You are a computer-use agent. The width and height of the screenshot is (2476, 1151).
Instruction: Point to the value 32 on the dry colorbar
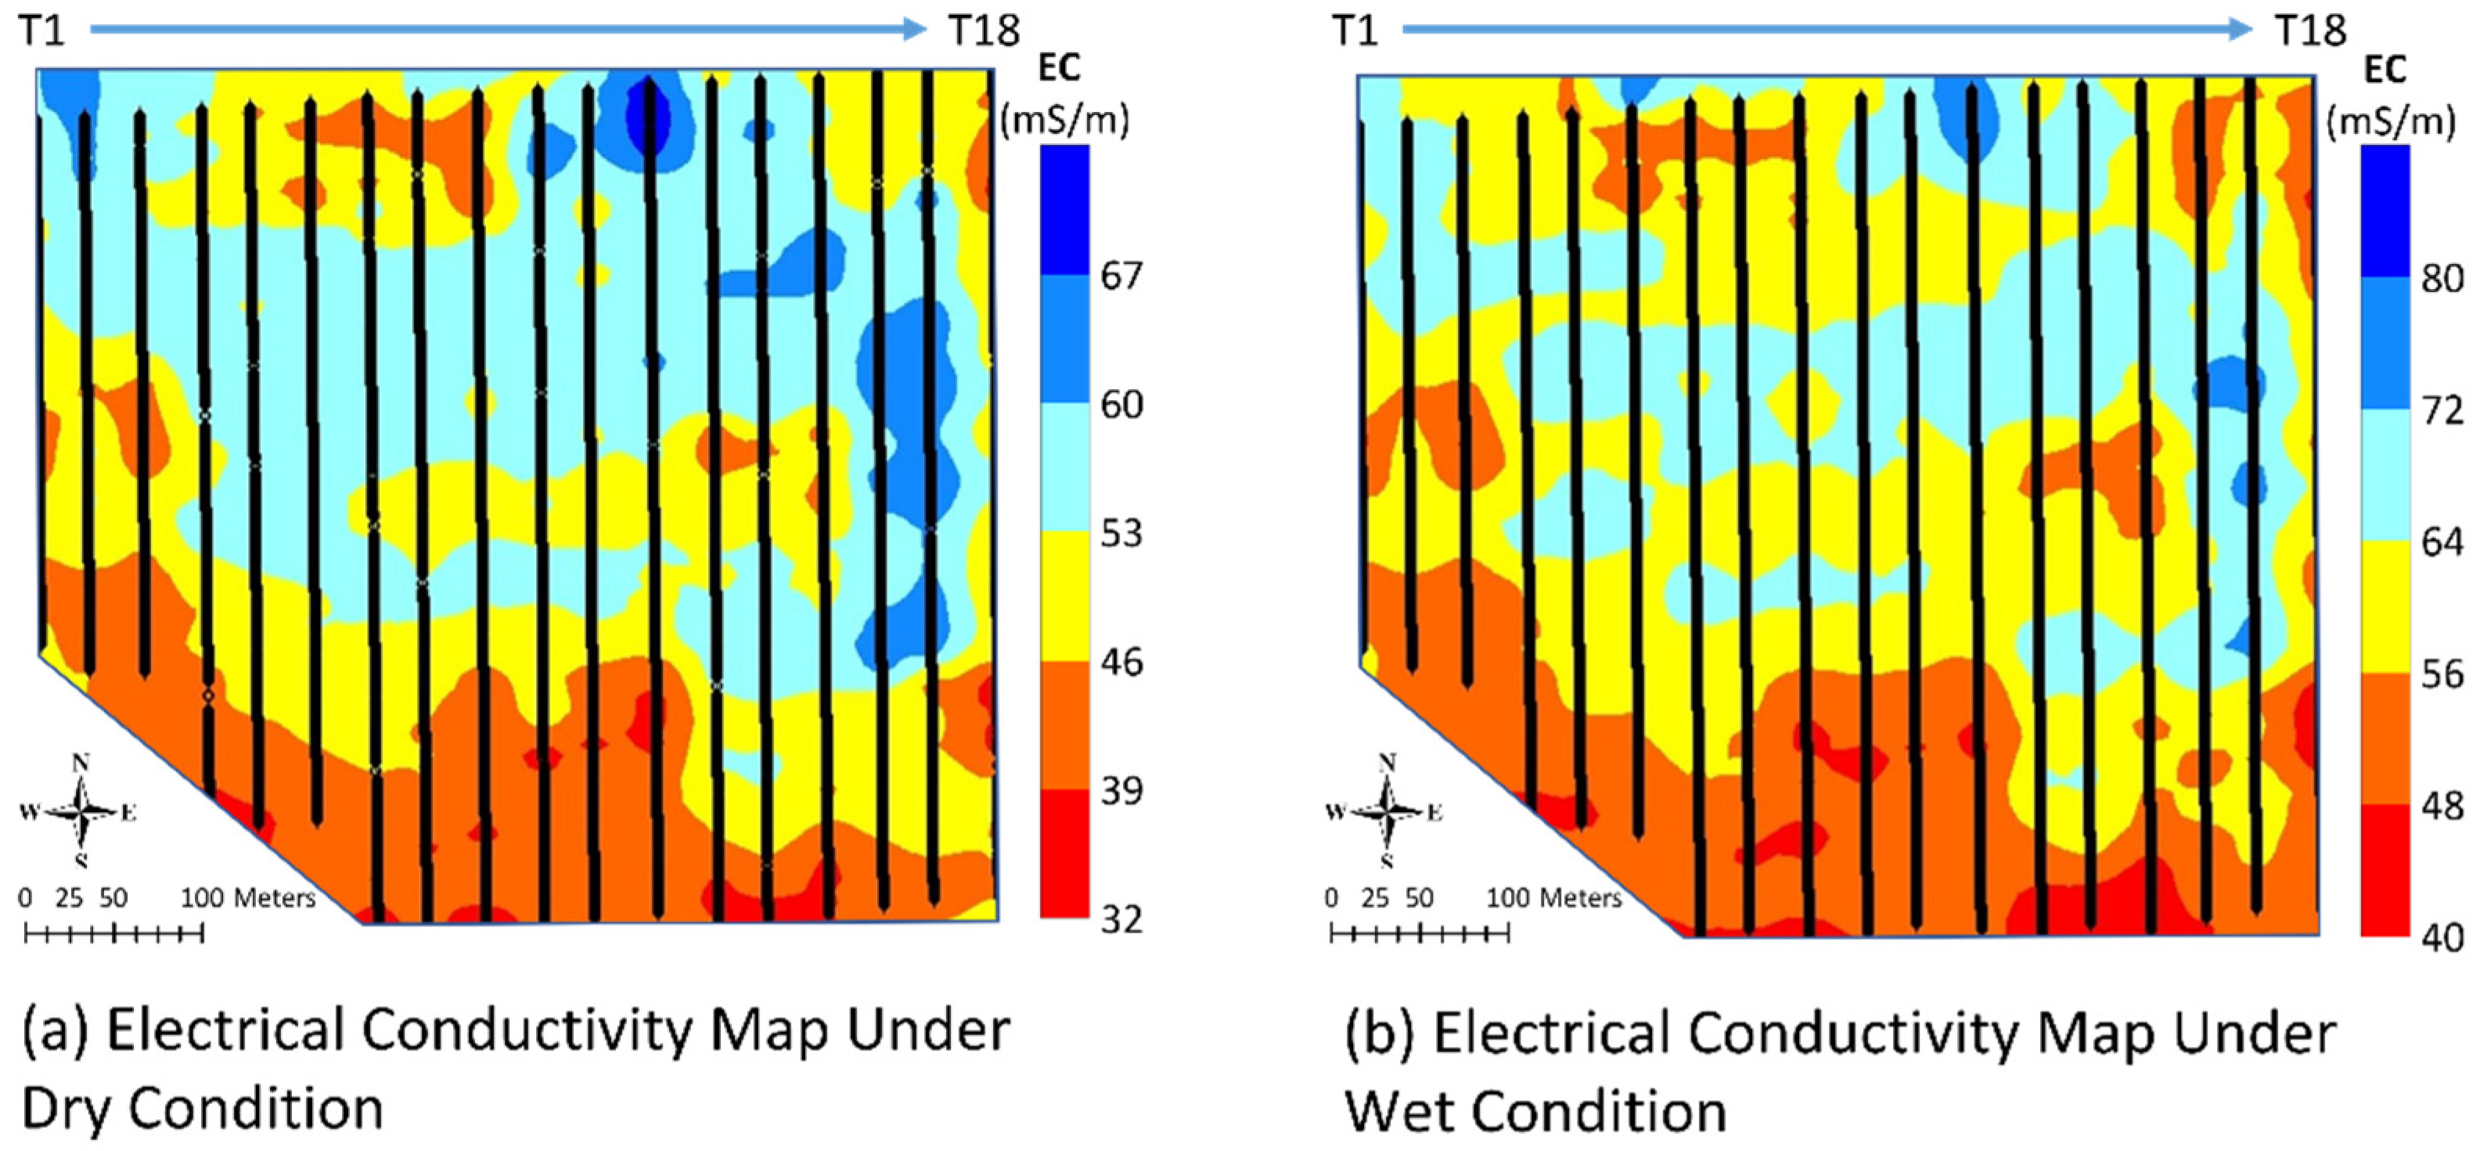point(1121,920)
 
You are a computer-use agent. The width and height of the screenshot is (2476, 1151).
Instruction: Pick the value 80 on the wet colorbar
point(2442,279)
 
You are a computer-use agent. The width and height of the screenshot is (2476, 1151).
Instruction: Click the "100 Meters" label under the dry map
point(248,898)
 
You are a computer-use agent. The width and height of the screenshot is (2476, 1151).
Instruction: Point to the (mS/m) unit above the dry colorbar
point(1065,121)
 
